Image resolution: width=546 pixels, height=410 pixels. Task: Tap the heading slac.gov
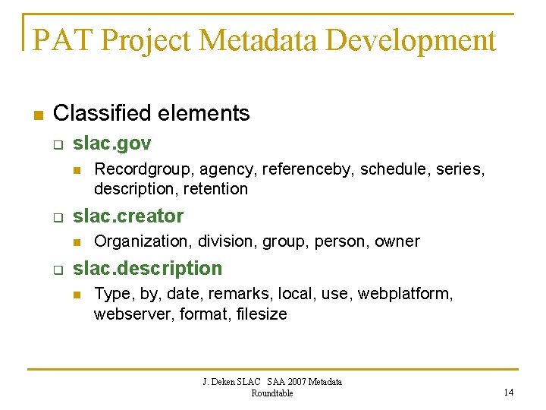[112, 143]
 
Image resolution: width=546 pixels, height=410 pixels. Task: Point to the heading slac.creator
[128, 216]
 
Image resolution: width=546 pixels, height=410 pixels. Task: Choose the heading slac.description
[147, 268]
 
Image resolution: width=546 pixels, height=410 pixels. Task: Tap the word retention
[215, 188]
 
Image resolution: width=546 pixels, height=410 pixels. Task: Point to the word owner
[397, 241]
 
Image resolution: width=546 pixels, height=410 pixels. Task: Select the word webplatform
[405, 293]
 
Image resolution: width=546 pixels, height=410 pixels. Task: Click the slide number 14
[508, 393]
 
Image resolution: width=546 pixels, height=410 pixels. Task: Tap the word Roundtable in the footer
[271, 393]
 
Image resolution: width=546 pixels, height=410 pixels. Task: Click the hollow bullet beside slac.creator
[57, 218]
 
